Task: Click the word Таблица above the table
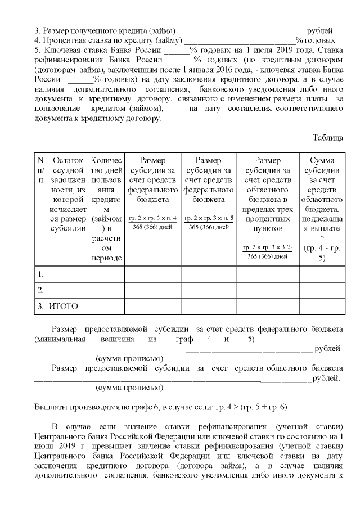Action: pyautogui.click(x=328, y=137)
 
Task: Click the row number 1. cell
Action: pyautogui.click(x=40, y=274)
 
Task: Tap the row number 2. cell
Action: pyautogui.click(x=40, y=290)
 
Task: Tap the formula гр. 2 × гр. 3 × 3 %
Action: pyautogui.click(x=267, y=247)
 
